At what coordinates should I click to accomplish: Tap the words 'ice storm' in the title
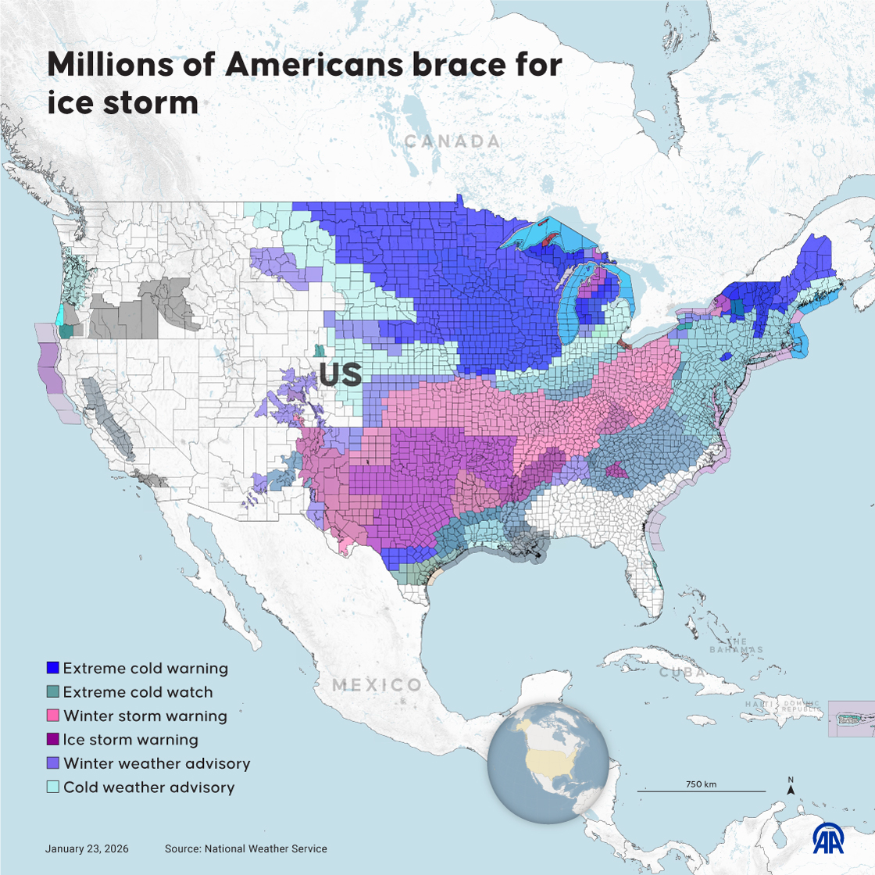pos(123,102)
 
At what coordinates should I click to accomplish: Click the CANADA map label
pos(452,141)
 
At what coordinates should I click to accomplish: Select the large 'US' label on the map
pos(340,374)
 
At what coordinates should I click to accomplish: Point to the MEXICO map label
pos(377,685)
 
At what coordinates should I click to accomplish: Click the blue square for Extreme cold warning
pos(53,668)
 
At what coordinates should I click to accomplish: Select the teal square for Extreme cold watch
pos(53,691)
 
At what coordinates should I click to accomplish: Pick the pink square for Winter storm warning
pos(53,716)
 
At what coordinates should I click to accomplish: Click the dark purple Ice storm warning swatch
pos(53,739)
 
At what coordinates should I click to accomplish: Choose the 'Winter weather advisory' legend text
pos(156,762)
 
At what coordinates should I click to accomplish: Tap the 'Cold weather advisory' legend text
pos(148,787)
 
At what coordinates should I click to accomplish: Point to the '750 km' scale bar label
pos(701,784)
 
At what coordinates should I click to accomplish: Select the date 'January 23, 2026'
pos(87,848)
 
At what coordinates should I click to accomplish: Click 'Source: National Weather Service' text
pos(245,848)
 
